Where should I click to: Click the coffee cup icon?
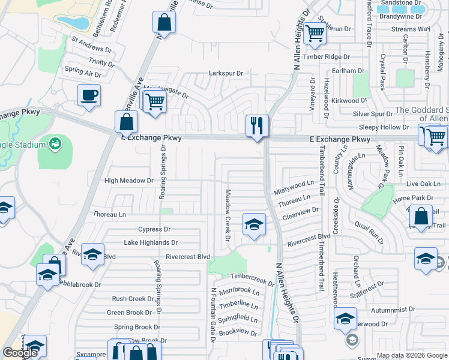89,95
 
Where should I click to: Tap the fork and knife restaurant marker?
257,125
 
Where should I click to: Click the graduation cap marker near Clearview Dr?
254,225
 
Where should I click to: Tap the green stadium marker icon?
56,143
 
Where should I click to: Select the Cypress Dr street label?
154,229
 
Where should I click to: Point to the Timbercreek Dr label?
252,279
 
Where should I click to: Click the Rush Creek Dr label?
133,299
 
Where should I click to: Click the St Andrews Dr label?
92,45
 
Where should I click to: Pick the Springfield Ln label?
239,318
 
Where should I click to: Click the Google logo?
20,353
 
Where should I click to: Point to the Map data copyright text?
411,355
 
